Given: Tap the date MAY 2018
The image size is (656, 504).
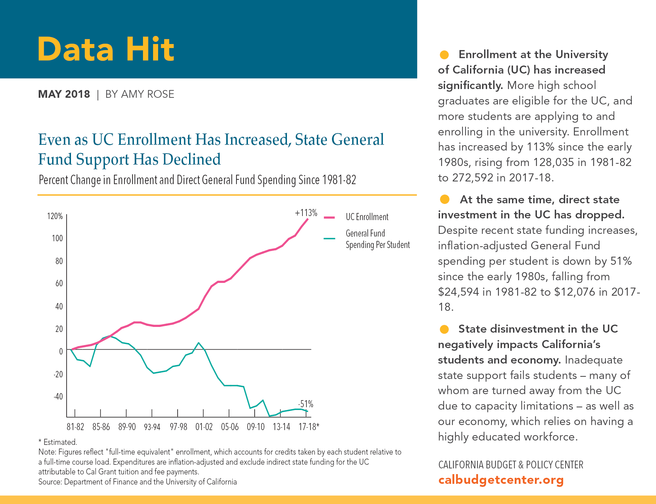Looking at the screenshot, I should (64, 94).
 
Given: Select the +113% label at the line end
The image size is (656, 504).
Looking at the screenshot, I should (306, 213).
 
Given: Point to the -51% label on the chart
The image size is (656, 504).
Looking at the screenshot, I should (305, 404).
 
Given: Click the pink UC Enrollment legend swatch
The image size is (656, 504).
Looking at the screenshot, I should (329, 217).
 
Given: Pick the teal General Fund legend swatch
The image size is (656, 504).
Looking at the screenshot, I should (329, 239).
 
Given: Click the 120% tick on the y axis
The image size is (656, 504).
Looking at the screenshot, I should (55, 216).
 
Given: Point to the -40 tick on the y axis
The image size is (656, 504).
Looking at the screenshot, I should (58, 396).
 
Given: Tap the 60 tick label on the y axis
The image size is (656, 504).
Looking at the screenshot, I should (59, 284).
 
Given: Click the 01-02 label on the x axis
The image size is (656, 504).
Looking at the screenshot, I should (204, 427).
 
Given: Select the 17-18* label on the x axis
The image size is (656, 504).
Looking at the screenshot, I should (309, 427).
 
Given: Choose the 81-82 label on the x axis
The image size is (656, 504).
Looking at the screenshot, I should (75, 427).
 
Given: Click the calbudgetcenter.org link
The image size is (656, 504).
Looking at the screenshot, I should (501, 480).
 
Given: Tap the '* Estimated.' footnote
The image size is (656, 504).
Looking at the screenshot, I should (58, 442).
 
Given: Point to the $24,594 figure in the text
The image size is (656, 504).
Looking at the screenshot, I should (458, 292).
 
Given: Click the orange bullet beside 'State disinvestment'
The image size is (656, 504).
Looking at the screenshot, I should (444, 329).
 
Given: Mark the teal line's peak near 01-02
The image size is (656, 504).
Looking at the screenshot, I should (198, 343).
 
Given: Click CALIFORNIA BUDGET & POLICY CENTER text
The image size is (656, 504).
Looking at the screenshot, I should (510, 465).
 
